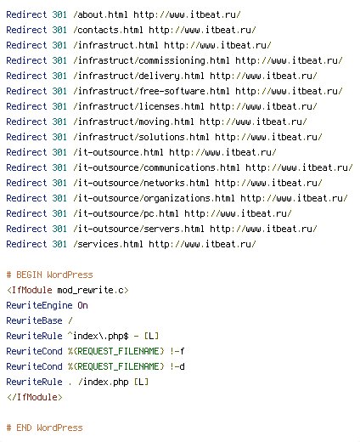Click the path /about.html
point(100,14)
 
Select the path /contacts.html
point(108,30)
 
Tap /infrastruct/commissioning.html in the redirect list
point(151,60)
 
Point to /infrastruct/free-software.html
point(151,91)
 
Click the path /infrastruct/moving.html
point(133,122)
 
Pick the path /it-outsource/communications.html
point(156,167)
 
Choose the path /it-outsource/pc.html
point(126,213)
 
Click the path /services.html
point(108,244)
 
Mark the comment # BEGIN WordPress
point(49,275)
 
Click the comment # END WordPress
point(44,428)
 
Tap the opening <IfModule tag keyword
point(30,290)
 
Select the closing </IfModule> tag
point(35,397)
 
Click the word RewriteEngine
point(39,305)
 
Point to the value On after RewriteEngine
point(82,305)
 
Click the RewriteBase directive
point(34,320)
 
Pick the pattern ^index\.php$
point(98,336)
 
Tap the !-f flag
point(177,351)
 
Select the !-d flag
point(177,366)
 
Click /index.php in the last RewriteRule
point(103,382)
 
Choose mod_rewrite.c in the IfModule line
point(91,290)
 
